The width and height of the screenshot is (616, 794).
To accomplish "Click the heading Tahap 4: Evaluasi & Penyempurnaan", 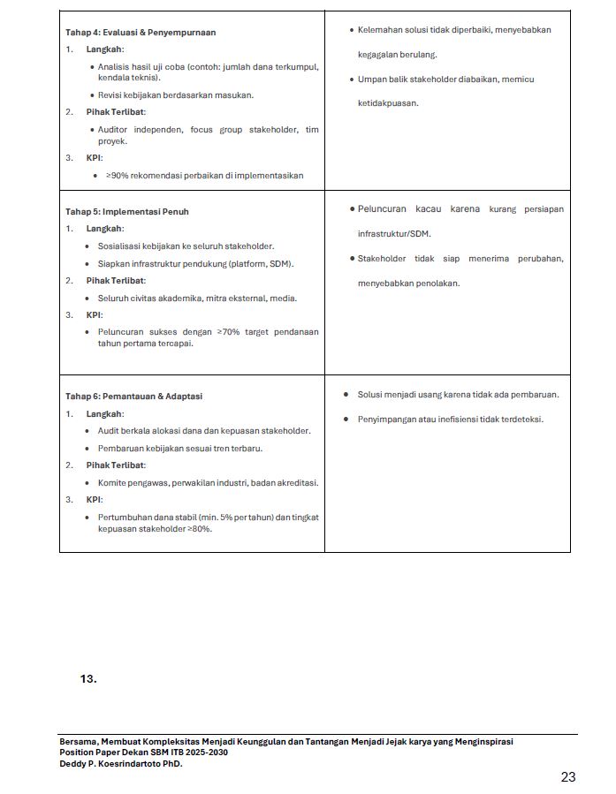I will [x=141, y=33].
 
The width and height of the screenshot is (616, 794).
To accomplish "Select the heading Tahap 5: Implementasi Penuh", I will [x=127, y=212].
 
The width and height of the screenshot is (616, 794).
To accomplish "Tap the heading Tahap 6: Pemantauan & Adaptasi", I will [x=133, y=397].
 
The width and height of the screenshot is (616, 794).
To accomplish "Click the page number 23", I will [x=568, y=777].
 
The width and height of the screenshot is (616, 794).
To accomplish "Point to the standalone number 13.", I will [x=87, y=679].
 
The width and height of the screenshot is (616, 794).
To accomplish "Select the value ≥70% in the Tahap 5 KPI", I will [x=227, y=332].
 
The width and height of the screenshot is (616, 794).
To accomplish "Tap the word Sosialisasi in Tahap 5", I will [x=119, y=246].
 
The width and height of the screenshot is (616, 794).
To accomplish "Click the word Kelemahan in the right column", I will [x=377, y=30].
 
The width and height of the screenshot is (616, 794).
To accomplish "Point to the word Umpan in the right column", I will [x=371, y=79].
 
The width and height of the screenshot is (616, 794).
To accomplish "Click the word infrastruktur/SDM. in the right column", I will [x=395, y=234].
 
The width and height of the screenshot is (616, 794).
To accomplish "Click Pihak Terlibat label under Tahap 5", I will [x=116, y=281].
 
